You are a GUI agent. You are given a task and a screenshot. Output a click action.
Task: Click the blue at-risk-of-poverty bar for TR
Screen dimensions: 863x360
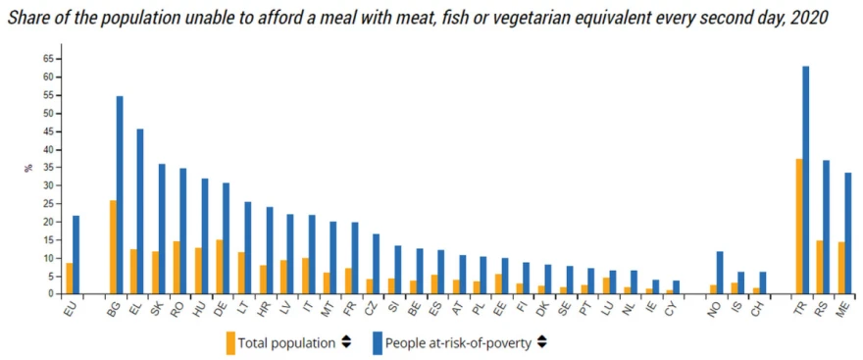click(806, 180)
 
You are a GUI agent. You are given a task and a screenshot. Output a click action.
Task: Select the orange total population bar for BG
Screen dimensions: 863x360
click(113, 247)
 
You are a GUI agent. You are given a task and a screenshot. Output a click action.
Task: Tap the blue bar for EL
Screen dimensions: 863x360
click(140, 211)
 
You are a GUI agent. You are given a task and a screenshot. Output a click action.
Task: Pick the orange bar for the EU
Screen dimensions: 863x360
click(70, 279)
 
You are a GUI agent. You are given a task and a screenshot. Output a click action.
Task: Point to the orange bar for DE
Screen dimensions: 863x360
click(220, 267)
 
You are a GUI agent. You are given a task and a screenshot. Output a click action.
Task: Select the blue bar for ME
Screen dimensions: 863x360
click(848, 233)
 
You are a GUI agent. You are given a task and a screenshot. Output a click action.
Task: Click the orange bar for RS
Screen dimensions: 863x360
click(820, 268)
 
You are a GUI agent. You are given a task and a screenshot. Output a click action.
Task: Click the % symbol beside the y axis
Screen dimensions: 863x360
click(28, 168)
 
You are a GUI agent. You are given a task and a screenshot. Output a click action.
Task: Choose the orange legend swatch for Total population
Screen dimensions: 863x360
click(230, 342)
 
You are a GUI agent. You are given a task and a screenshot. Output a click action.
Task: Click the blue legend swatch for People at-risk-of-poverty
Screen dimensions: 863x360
click(378, 342)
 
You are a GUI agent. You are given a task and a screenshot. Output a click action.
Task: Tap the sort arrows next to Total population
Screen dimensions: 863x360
click(346, 342)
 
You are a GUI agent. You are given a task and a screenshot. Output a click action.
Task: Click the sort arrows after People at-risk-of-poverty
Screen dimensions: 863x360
click(542, 342)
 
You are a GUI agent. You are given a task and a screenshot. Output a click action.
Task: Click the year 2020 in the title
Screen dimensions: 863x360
click(810, 19)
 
